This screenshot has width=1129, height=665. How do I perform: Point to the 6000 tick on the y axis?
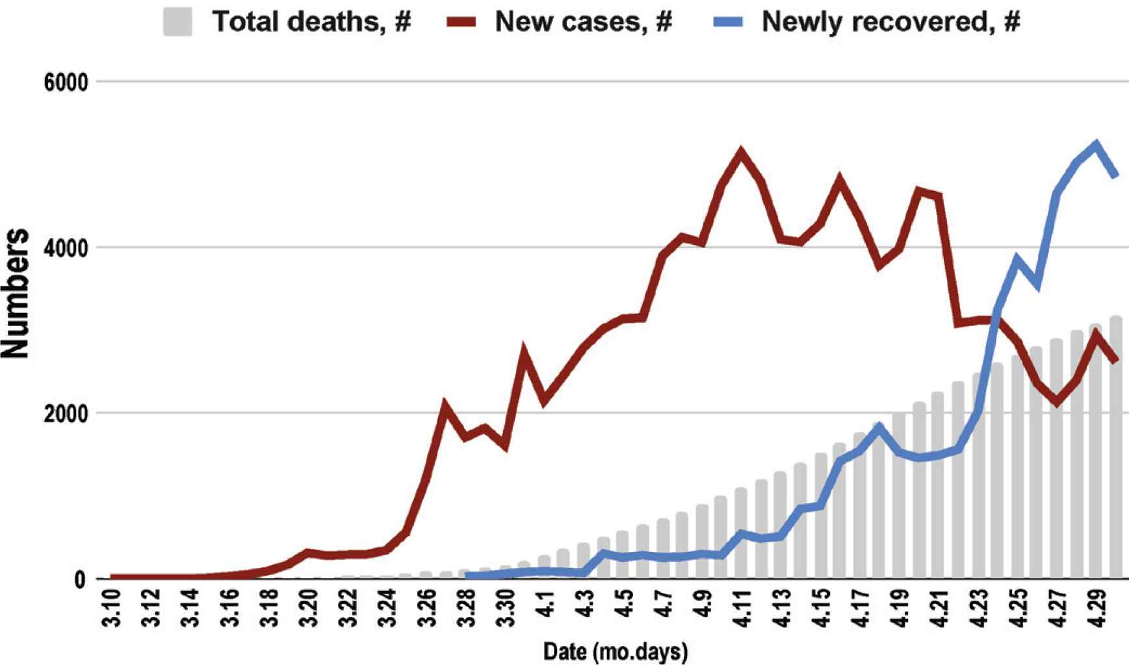point(65,82)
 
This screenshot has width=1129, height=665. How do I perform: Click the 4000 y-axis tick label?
point(65,248)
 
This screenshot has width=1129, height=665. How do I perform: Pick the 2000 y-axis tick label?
point(65,414)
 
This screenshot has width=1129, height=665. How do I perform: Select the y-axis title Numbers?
point(16,294)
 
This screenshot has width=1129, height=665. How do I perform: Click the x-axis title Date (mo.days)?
point(615,651)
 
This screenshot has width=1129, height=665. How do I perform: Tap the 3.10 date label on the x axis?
point(112,609)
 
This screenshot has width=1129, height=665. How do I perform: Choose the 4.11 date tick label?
point(741,609)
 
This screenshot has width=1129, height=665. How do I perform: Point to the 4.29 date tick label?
point(1096,609)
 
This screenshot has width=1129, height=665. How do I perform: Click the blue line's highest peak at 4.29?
point(1096,144)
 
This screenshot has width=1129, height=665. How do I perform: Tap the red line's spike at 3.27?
point(445,405)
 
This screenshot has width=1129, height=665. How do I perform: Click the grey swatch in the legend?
point(177,21)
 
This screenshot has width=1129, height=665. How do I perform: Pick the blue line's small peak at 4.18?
point(879,427)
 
